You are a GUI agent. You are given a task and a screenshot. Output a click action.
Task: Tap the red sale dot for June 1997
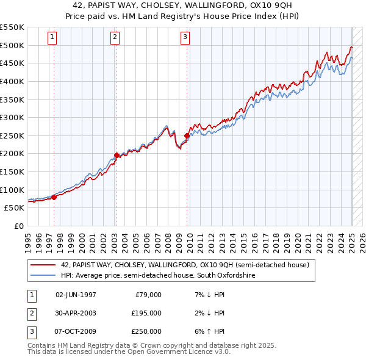tap(54, 196)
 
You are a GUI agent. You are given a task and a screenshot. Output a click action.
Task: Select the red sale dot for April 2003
tap(117, 155)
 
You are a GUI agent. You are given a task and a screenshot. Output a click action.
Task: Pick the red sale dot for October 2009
tap(187, 135)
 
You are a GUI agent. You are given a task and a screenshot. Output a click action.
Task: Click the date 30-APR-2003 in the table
tap(76, 313)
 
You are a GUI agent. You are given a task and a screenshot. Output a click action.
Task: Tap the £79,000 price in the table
tap(148, 295)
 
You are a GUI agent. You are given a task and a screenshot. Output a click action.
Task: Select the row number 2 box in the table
tap(31, 313)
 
